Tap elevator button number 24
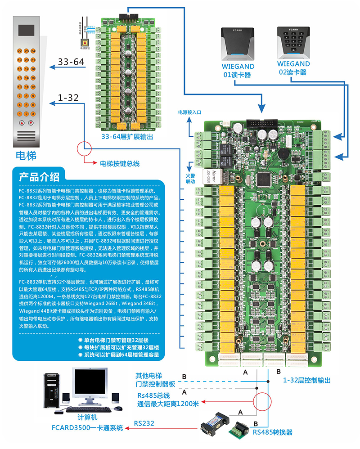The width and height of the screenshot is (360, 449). pos(33,51)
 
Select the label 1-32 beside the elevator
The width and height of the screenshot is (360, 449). pos(68,98)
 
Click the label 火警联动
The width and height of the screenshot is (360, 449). pos(190,179)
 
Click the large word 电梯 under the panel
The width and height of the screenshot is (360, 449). pos(26,156)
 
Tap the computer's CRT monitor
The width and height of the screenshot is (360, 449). pos(90,386)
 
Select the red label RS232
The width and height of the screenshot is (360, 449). pos(144,423)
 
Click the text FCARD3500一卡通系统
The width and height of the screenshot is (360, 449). pos(87,428)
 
